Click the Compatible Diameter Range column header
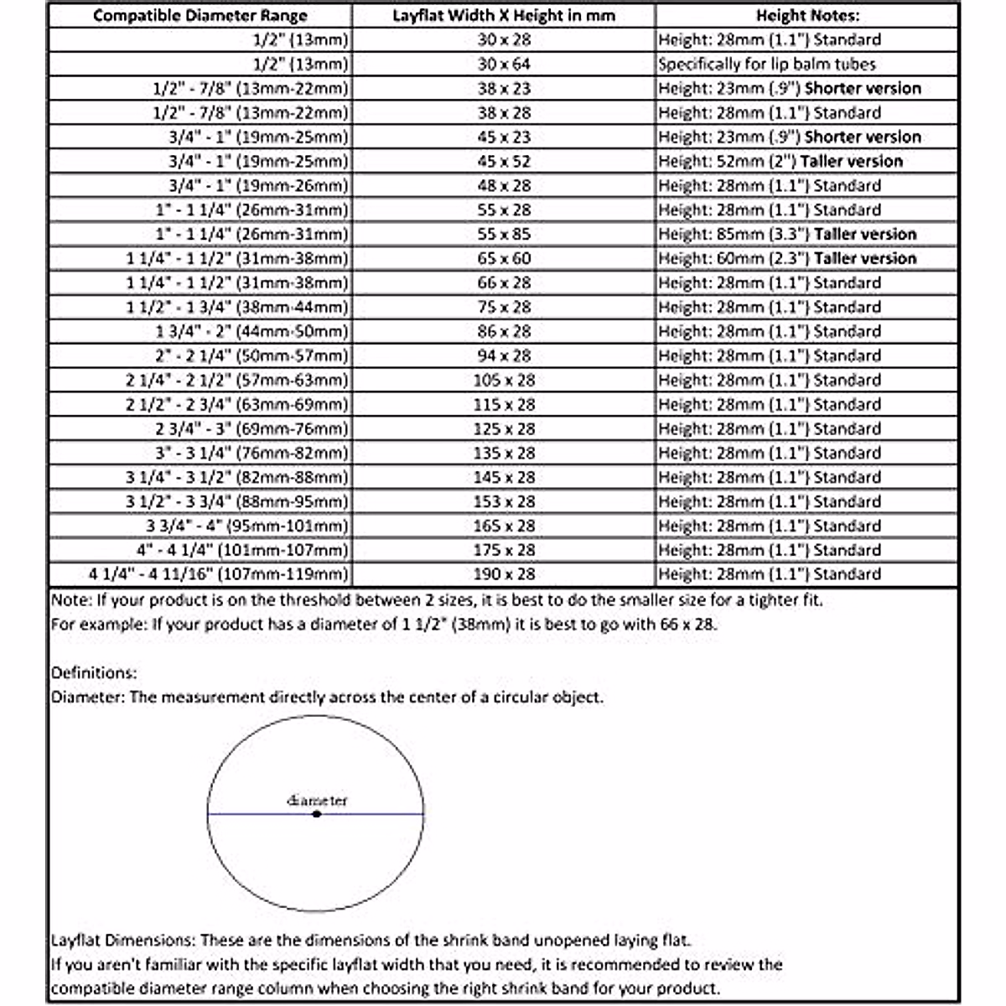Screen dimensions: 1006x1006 200,15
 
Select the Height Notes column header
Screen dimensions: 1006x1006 807,15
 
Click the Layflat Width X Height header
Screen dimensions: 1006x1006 504,15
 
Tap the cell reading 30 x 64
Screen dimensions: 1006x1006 504,64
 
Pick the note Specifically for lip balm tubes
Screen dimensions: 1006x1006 766,64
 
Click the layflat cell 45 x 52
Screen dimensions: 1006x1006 504,161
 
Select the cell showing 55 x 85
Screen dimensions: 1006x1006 504,234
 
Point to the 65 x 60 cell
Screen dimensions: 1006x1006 504,258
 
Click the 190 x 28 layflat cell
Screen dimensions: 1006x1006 504,574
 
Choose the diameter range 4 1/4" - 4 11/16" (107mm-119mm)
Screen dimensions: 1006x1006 218,574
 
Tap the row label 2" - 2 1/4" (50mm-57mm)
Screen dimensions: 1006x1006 251,355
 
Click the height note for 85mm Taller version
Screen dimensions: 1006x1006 787,234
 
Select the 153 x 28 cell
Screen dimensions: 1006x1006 504,501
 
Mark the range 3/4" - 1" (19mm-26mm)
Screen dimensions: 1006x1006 257,185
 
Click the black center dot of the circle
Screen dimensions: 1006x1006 316,814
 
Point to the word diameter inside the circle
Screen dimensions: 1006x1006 317,801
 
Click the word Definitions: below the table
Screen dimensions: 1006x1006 94,672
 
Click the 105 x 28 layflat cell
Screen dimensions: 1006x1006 504,380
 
